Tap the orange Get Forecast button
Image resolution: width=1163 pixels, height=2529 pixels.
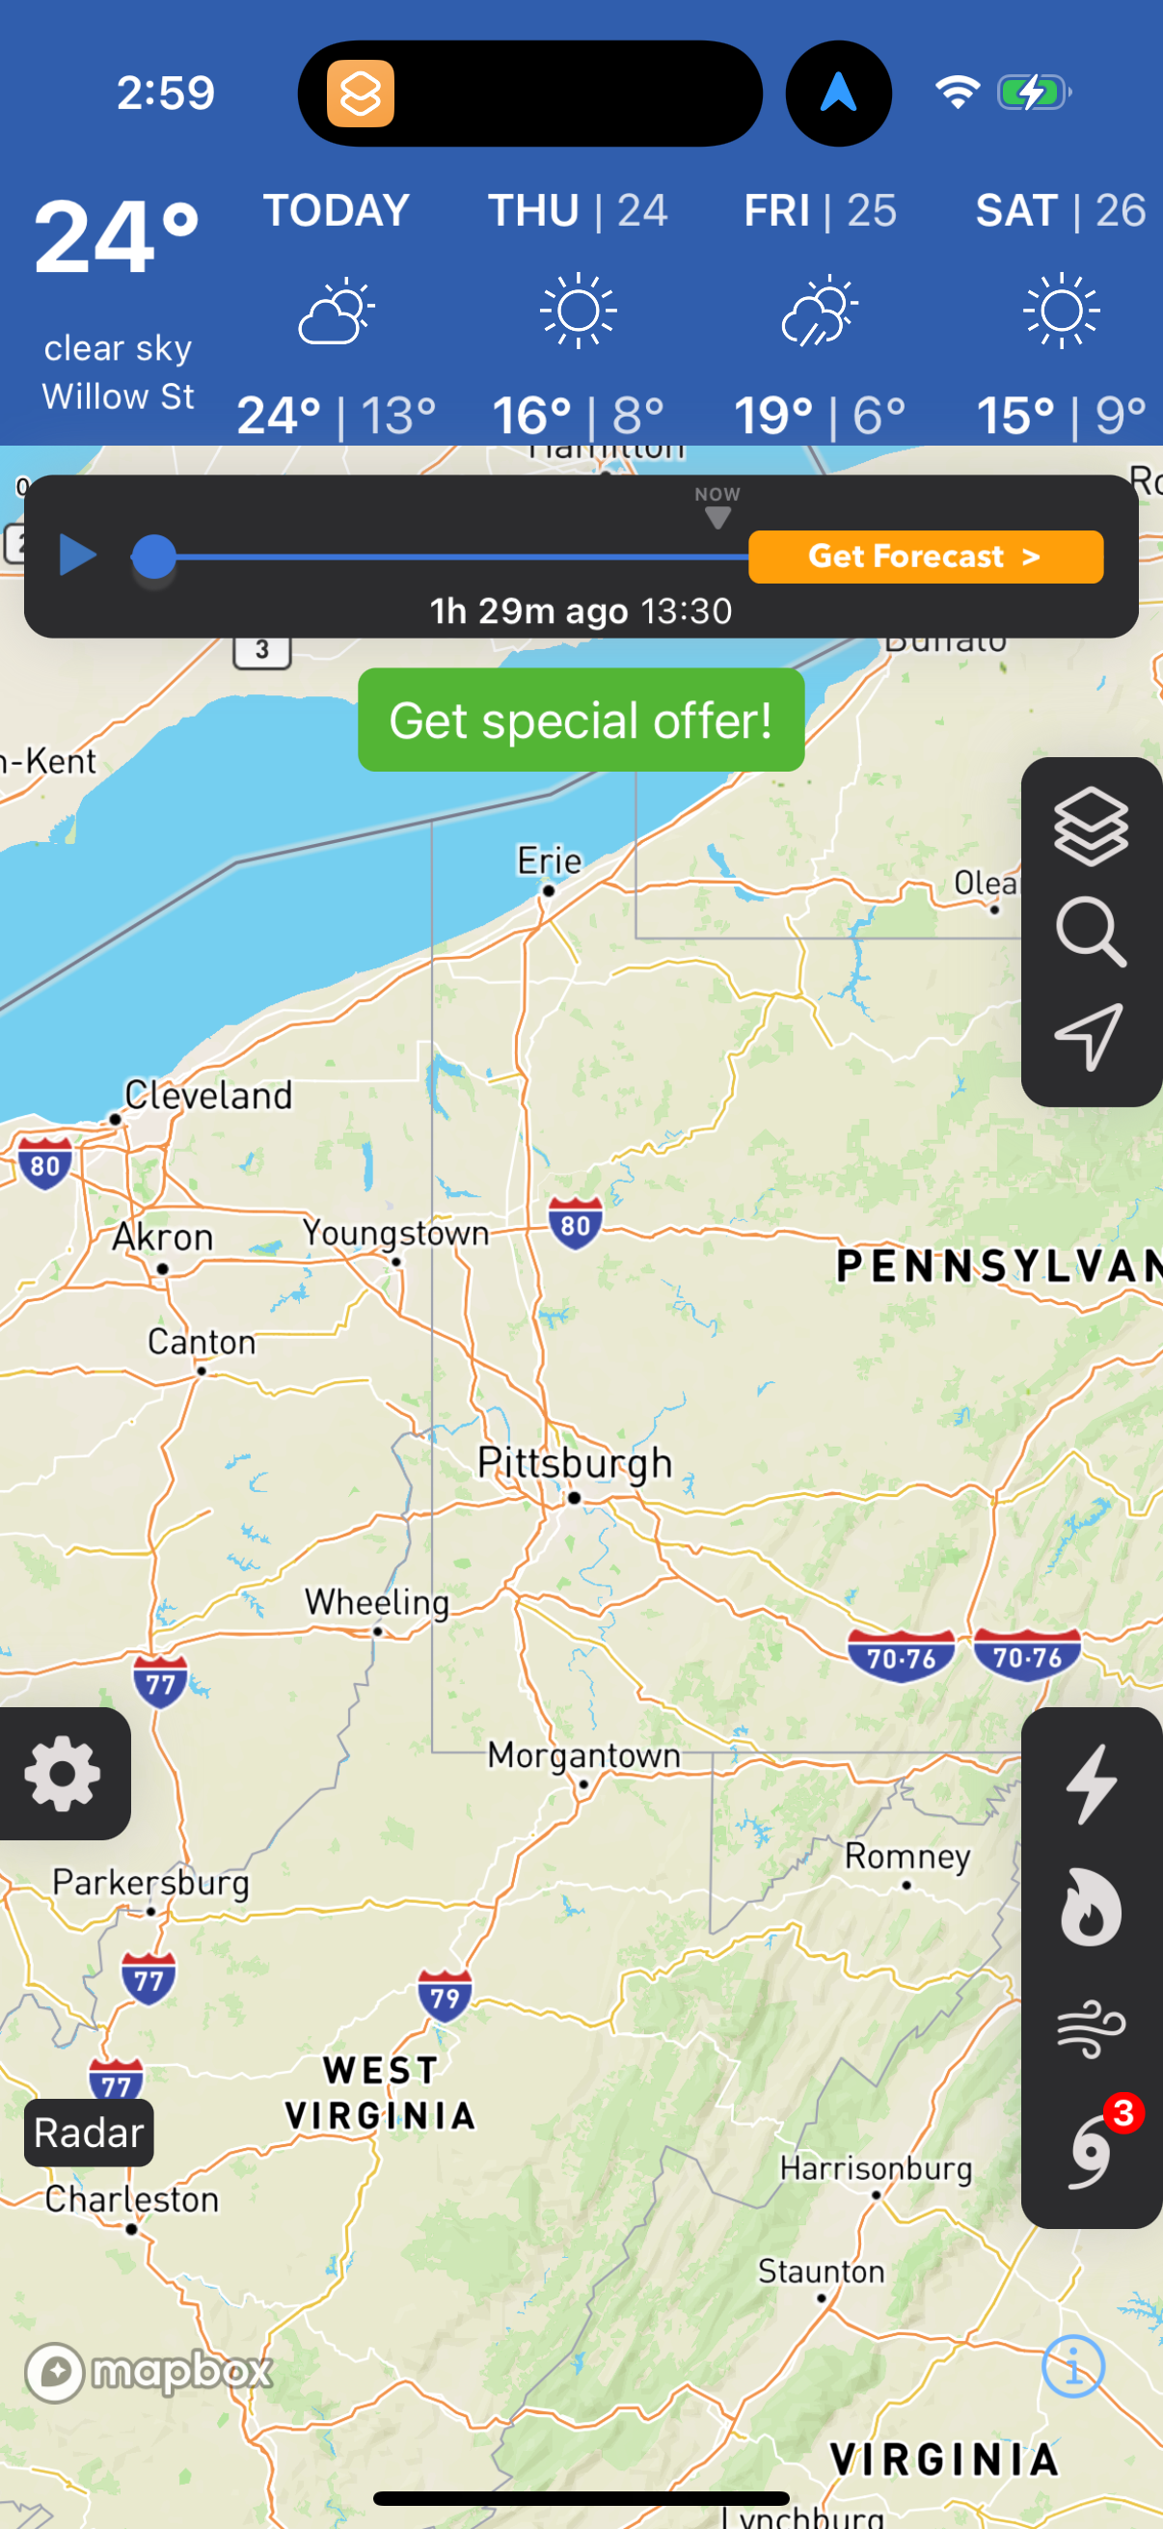(925, 557)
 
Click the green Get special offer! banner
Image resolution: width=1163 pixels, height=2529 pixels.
(581, 720)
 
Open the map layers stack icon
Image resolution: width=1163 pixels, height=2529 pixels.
(1091, 827)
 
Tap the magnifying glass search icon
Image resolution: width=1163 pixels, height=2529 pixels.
(1091, 931)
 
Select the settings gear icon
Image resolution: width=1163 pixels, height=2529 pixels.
(63, 1773)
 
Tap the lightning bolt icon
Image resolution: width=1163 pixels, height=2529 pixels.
(1091, 1783)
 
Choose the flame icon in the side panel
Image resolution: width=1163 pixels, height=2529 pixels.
(1091, 1906)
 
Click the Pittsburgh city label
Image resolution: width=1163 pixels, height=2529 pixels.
(575, 1463)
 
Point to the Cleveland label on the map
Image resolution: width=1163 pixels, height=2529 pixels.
(209, 1095)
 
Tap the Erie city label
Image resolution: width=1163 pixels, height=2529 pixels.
(550, 861)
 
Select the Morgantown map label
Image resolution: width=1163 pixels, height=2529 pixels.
(584, 1754)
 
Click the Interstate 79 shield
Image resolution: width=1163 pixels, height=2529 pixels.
(445, 1996)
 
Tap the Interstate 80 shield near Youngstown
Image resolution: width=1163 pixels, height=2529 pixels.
(575, 1223)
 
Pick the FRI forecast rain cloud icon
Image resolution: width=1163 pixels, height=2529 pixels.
(820, 311)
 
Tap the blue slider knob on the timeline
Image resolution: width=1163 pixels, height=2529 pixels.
(154, 557)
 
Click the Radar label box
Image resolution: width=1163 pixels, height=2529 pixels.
(90, 2133)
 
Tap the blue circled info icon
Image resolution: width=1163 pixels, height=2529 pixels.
(1072, 2366)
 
